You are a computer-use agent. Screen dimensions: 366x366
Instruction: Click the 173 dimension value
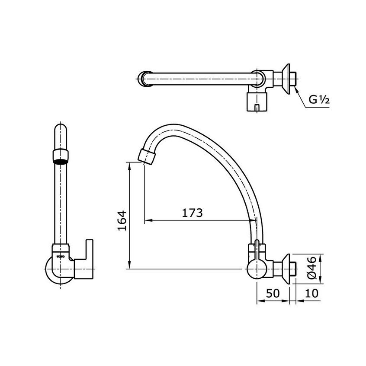point(192,213)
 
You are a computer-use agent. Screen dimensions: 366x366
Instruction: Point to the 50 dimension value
point(272,293)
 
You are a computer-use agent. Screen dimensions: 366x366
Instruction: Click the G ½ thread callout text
point(319,100)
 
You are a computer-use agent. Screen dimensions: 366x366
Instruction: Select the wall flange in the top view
point(286,79)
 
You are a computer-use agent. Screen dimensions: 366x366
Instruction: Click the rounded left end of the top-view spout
point(143,79)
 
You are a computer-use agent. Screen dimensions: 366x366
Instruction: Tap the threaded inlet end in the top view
point(295,79)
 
